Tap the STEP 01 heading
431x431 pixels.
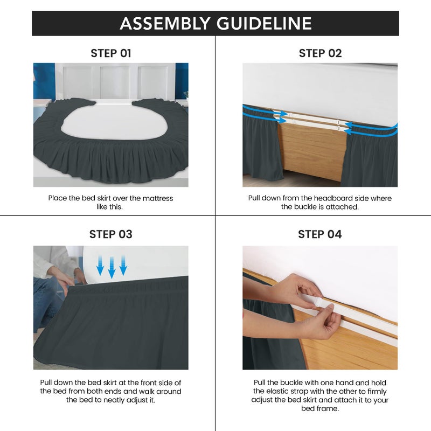tap(111, 53)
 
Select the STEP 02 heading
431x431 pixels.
tap(320, 53)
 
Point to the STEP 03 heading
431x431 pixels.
tap(111, 234)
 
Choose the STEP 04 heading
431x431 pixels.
tap(320, 234)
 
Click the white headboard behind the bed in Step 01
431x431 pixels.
tap(116, 81)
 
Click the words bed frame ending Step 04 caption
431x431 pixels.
tap(320, 408)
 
